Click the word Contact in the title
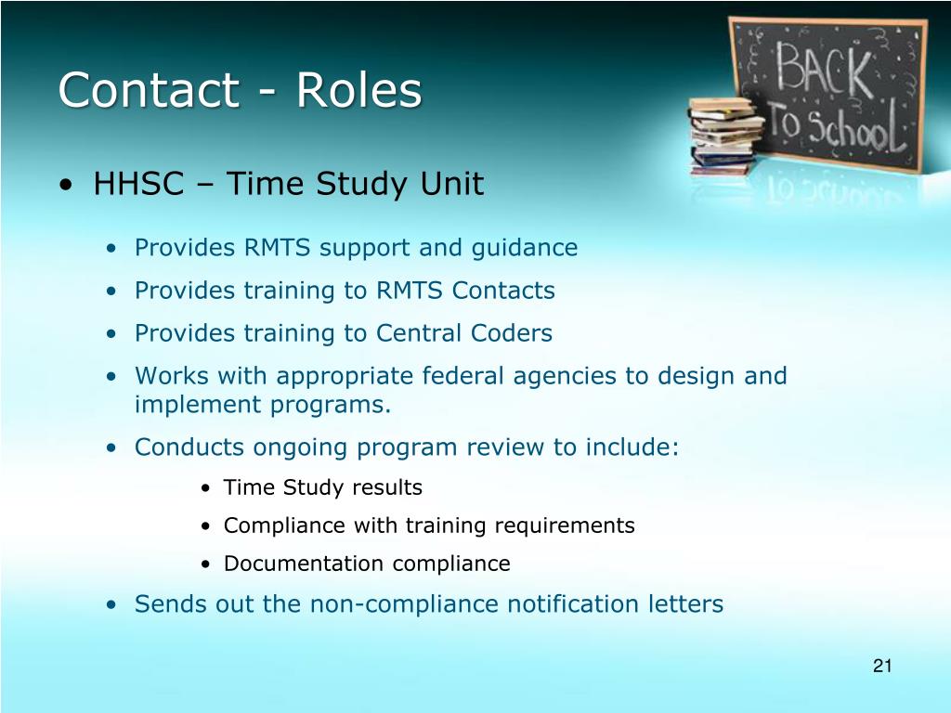coord(150,90)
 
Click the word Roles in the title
coord(358,90)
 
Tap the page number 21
coord(882,666)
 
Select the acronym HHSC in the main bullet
coord(139,183)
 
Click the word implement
coord(198,405)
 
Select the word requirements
coord(565,526)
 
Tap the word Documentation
coord(304,564)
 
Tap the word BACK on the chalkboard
coord(825,68)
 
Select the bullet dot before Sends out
coord(111,605)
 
